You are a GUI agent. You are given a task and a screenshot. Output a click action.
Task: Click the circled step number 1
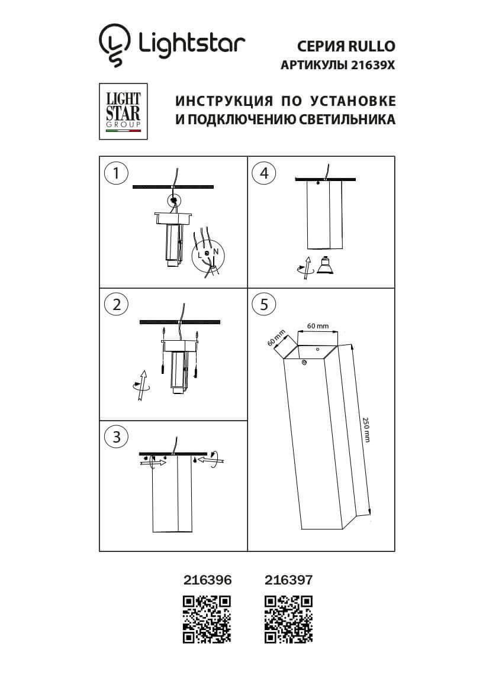click(116, 173)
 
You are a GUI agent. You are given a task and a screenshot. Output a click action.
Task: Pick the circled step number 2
click(116, 304)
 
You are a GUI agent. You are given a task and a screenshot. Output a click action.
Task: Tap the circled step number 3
click(116, 437)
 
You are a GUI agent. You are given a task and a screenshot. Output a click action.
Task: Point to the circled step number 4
click(264, 173)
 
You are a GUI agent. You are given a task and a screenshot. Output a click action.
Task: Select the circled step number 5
click(264, 304)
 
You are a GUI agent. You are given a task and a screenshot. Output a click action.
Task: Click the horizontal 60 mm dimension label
click(318, 326)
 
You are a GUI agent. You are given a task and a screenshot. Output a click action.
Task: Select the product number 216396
click(205, 580)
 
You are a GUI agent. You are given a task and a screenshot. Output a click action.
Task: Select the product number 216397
click(287, 580)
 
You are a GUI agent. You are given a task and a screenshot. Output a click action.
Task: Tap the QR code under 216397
click(288, 619)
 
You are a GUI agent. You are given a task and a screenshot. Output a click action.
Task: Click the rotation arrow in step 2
click(141, 386)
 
